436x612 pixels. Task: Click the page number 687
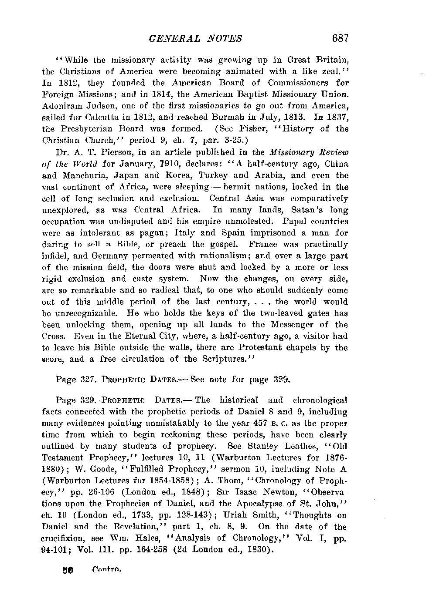341,38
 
